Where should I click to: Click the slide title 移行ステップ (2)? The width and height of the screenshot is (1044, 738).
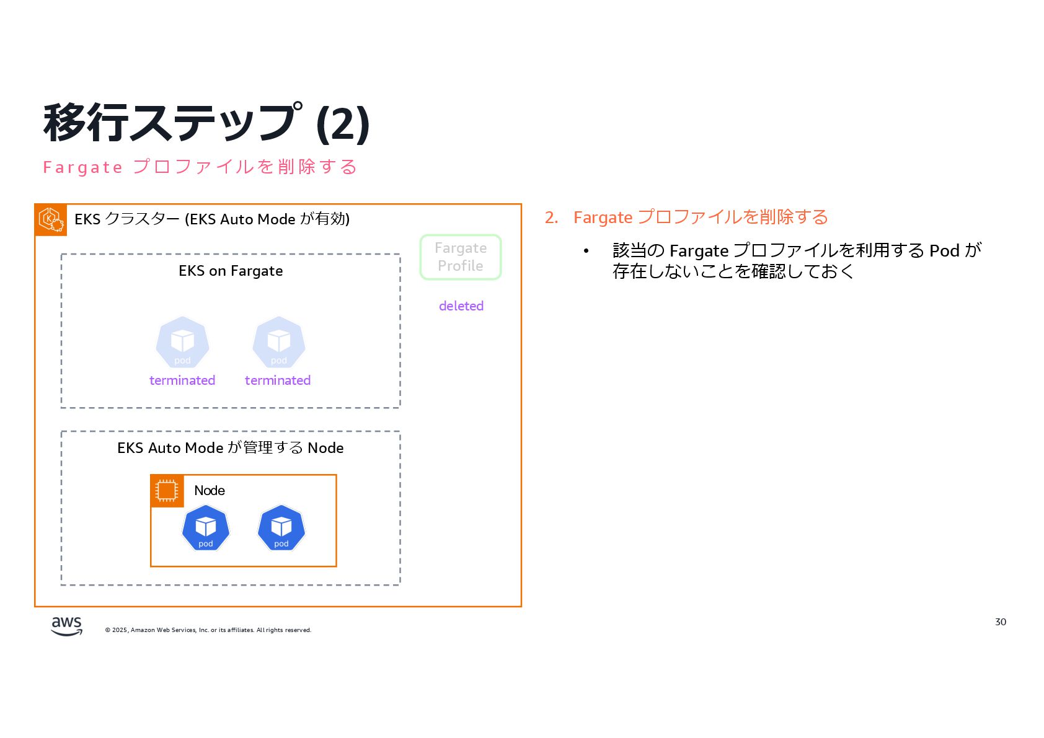pyautogui.click(x=206, y=123)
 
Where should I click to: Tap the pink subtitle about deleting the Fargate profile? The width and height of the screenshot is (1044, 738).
pyautogui.click(x=200, y=167)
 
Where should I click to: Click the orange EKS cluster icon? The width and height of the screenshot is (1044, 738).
pyautogui.click(x=51, y=219)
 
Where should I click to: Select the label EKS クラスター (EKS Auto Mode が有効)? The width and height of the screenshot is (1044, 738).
pyautogui.click(x=212, y=219)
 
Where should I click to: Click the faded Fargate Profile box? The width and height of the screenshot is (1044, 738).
pyautogui.click(x=461, y=257)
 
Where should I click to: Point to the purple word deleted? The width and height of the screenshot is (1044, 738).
pyautogui.click(x=461, y=306)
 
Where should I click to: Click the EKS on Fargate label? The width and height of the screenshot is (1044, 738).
pyautogui.click(x=231, y=271)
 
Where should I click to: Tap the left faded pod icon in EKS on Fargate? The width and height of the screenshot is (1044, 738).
pyautogui.click(x=182, y=342)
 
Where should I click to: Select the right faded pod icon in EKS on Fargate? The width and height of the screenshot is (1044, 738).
pyautogui.click(x=279, y=342)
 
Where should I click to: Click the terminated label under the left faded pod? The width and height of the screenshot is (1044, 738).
pyautogui.click(x=182, y=380)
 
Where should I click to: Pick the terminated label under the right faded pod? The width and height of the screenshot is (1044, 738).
pyautogui.click(x=278, y=380)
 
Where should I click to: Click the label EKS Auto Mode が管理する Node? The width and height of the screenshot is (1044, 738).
pyautogui.click(x=231, y=448)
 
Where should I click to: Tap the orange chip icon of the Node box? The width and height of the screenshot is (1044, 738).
pyautogui.click(x=167, y=491)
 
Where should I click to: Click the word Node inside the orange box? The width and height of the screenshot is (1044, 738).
pyautogui.click(x=210, y=491)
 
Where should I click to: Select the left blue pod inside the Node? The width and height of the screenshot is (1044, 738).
pyautogui.click(x=206, y=528)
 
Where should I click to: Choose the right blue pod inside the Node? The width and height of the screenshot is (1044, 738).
pyautogui.click(x=281, y=528)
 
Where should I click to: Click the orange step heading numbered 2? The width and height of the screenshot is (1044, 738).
pyautogui.click(x=686, y=217)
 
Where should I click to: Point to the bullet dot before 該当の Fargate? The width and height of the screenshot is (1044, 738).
pyautogui.click(x=586, y=251)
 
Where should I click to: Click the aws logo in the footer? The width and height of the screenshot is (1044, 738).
pyautogui.click(x=66, y=626)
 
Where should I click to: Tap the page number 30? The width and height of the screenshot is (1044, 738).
pyautogui.click(x=1000, y=622)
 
